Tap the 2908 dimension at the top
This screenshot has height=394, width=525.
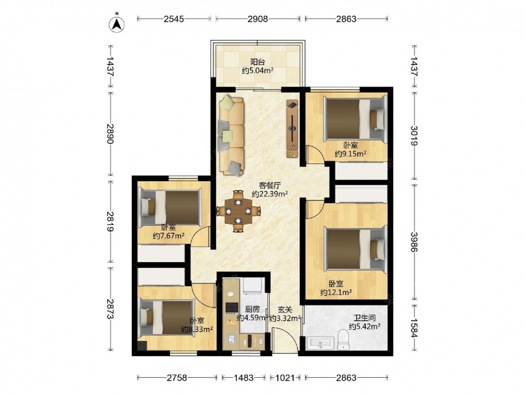pyautogui.click(x=257, y=19)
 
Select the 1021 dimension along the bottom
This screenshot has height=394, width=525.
pyautogui.click(x=285, y=378)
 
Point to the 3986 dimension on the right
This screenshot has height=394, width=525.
pyautogui.click(x=414, y=242)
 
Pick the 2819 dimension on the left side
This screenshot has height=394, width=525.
pyautogui.click(x=110, y=221)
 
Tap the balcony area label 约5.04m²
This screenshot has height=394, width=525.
pyautogui.click(x=258, y=71)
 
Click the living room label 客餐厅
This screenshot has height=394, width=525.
pyautogui.click(x=270, y=185)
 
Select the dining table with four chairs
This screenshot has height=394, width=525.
pyautogui.click(x=238, y=211)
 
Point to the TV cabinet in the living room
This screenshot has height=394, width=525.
pyautogui.click(x=292, y=129)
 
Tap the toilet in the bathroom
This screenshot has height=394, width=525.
pyautogui.click(x=343, y=339)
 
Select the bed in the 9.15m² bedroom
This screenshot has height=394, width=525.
pyautogui.click(x=355, y=119)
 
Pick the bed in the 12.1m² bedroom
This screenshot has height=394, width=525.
pyautogui.click(x=355, y=249)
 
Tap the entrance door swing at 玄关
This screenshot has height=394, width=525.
pyautogui.click(x=285, y=340)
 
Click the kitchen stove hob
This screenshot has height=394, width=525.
pyautogui.click(x=232, y=307)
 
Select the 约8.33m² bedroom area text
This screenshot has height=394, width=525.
pyautogui.click(x=197, y=329)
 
